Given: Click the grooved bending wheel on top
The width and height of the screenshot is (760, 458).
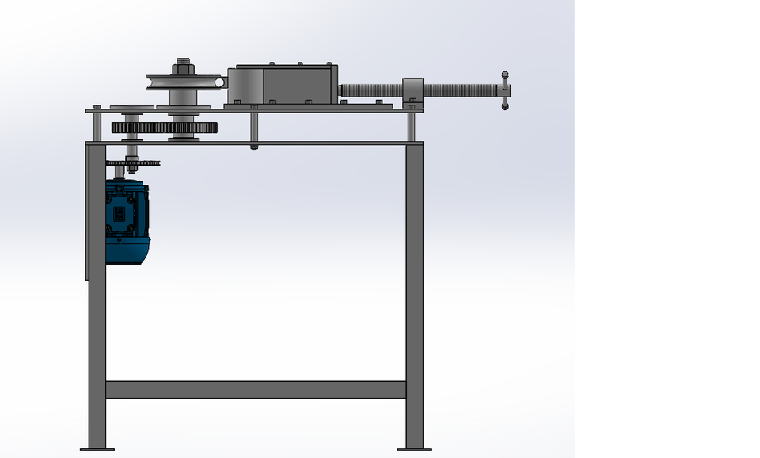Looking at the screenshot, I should coord(183,82).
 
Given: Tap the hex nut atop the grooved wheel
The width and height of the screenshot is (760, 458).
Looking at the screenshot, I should coord(183,66).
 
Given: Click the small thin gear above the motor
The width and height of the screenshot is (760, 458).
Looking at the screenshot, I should coord(133,162).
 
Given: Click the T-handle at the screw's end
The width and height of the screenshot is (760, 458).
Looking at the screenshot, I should coord(504,91).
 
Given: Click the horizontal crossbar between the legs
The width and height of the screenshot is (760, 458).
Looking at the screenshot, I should coord(255,389).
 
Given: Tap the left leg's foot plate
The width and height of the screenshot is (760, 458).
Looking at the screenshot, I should coord(97,449).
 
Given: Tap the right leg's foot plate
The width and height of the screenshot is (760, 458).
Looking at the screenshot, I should coord(414,449).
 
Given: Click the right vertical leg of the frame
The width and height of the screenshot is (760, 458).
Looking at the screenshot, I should coord(414,293).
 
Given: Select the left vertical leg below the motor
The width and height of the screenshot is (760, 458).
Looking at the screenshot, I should coord(97,357).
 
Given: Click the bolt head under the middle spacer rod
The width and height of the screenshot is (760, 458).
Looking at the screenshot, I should coord(253,147).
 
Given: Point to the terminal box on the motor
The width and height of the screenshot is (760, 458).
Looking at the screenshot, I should coord(120,214).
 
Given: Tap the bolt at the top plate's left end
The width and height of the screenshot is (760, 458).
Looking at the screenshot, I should coord(97,106).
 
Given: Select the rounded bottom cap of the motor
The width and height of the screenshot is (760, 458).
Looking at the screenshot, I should coord(127,252).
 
